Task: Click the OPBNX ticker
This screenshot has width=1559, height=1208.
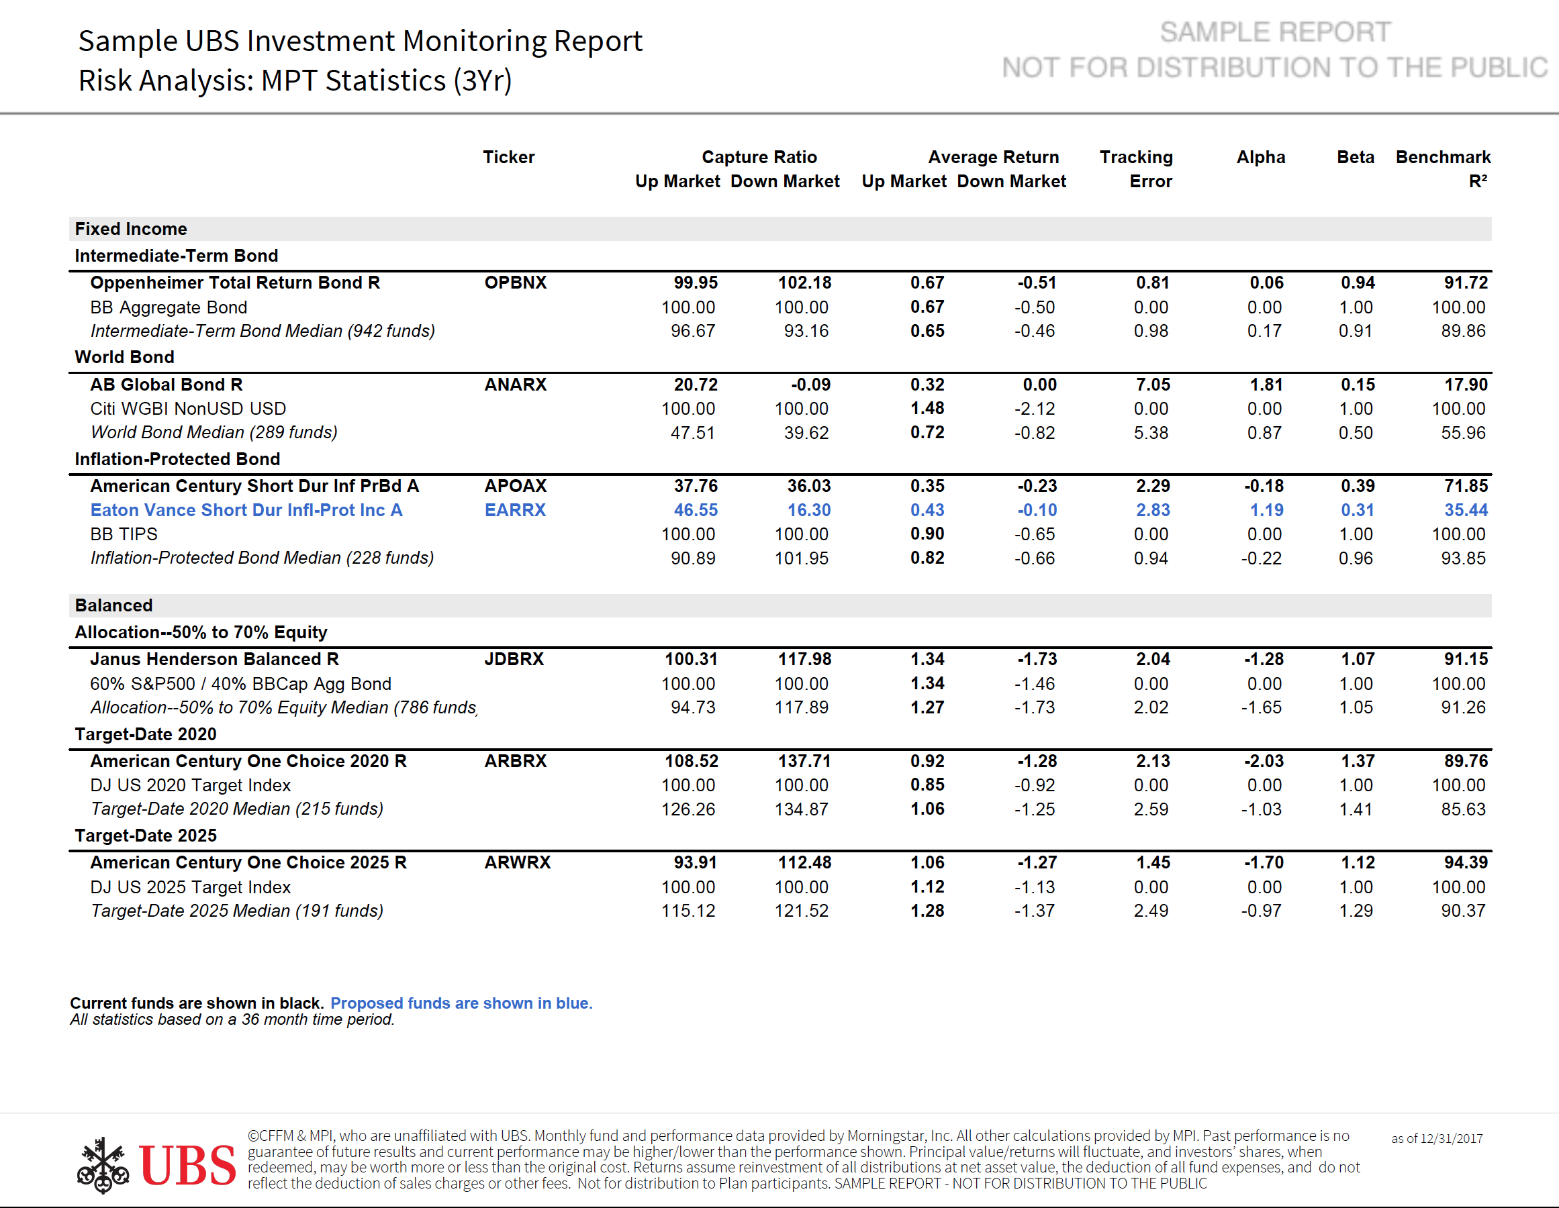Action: pyautogui.click(x=516, y=283)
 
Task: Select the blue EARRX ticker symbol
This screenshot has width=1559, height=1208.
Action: pyautogui.click(x=515, y=510)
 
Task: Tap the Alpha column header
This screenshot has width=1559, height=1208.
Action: pyautogui.click(x=1261, y=157)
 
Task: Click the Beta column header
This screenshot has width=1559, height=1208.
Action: pyautogui.click(x=1355, y=157)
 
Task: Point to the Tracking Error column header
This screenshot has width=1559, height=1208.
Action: pyautogui.click(x=1137, y=169)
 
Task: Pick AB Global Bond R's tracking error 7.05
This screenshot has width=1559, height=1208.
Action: pyautogui.click(x=1153, y=385)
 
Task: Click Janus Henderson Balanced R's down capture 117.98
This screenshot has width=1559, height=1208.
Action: pyautogui.click(x=804, y=659)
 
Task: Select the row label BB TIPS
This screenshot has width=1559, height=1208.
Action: pyautogui.click(x=124, y=534)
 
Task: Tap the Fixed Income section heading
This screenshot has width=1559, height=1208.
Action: pyautogui.click(x=131, y=229)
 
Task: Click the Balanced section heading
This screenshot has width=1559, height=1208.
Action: pyautogui.click(x=113, y=606)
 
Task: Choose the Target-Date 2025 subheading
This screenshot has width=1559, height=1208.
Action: pyautogui.click(x=146, y=836)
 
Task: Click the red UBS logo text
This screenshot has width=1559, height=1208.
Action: pyautogui.click(x=187, y=1165)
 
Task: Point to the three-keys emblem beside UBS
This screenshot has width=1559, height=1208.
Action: pyautogui.click(x=103, y=1165)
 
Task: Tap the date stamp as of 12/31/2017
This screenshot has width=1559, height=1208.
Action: pyautogui.click(x=1436, y=1139)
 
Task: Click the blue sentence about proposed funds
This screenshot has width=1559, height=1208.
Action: pyautogui.click(x=461, y=1003)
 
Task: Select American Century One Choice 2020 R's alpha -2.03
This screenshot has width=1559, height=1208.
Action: pyautogui.click(x=1264, y=761)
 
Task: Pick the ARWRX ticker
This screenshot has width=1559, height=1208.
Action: pyautogui.click(x=518, y=862)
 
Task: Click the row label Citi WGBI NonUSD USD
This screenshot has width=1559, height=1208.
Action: pyautogui.click(x=188, y=409)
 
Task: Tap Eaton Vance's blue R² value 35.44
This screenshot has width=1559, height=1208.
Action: pyautogui.click(x=1466, y=510)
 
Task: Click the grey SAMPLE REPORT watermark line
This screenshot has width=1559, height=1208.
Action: pyautogui.click(x=1275, y=32)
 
